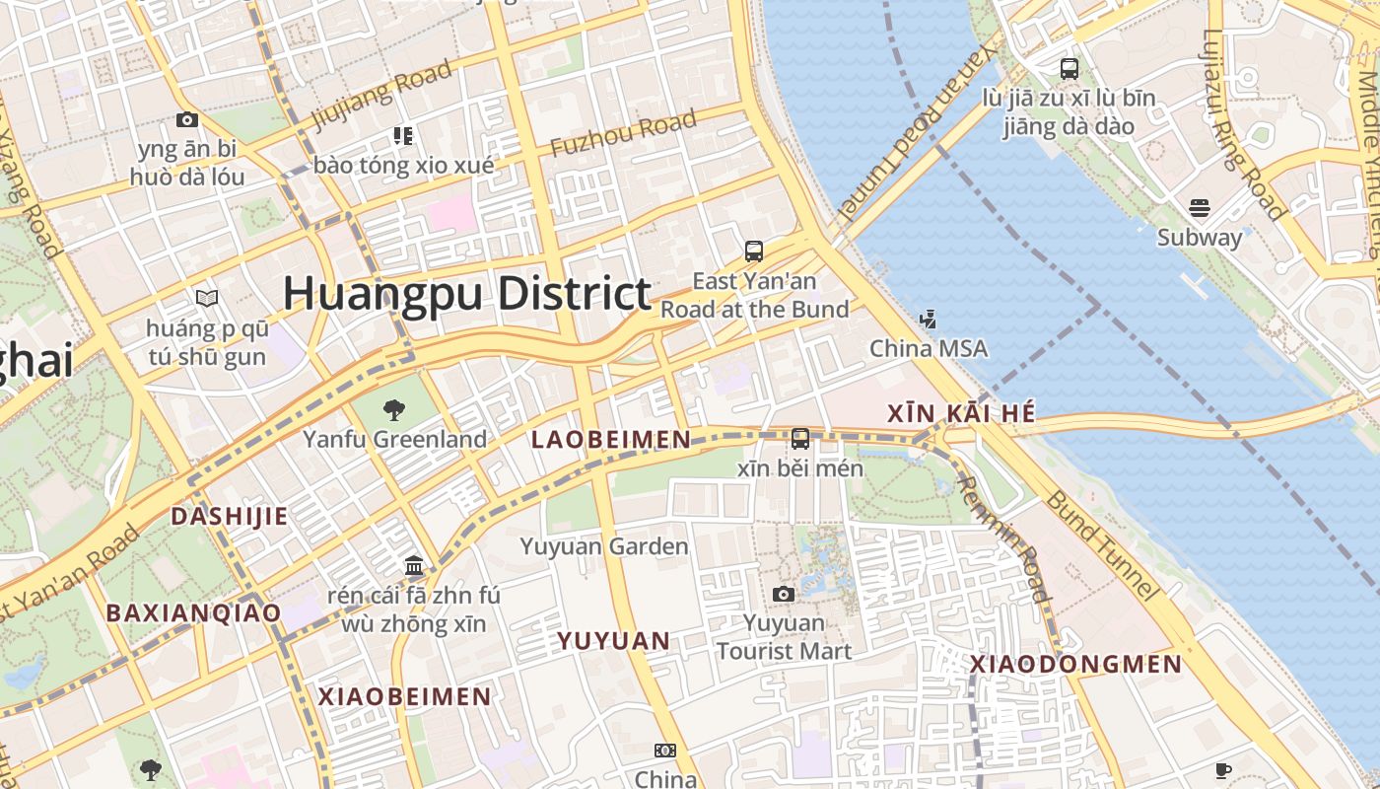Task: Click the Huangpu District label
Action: [x=467, y=294]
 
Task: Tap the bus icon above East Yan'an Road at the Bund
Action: [x=754, y=251]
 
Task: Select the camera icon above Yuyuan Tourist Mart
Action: [x=784, y=594]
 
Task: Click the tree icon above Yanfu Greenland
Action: [x=394, y=409]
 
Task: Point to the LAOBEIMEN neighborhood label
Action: [x=611, y=440]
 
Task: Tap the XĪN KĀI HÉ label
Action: [x=961, y=414]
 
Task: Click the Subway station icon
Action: [x=1200, y=208]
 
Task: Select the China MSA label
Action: [x=928, y=349]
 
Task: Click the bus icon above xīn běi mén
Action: [x=800, y=439]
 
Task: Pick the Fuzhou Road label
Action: [x=623, y=134]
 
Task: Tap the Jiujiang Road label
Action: [x=382, y=95]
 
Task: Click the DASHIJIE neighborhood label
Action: [x=230, y=516]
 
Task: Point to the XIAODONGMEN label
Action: [x=1075, y=665]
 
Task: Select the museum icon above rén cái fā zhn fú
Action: [x=414, y=566]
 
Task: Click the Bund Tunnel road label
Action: [x=1100, y=543]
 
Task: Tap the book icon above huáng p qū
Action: [x=207, y=298]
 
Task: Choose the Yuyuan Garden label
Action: [x=604, y=546]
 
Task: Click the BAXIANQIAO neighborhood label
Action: [x=193, y=612]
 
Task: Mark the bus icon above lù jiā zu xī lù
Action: [x=1069, y=69]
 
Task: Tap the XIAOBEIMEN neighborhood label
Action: [x=404, y=696]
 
